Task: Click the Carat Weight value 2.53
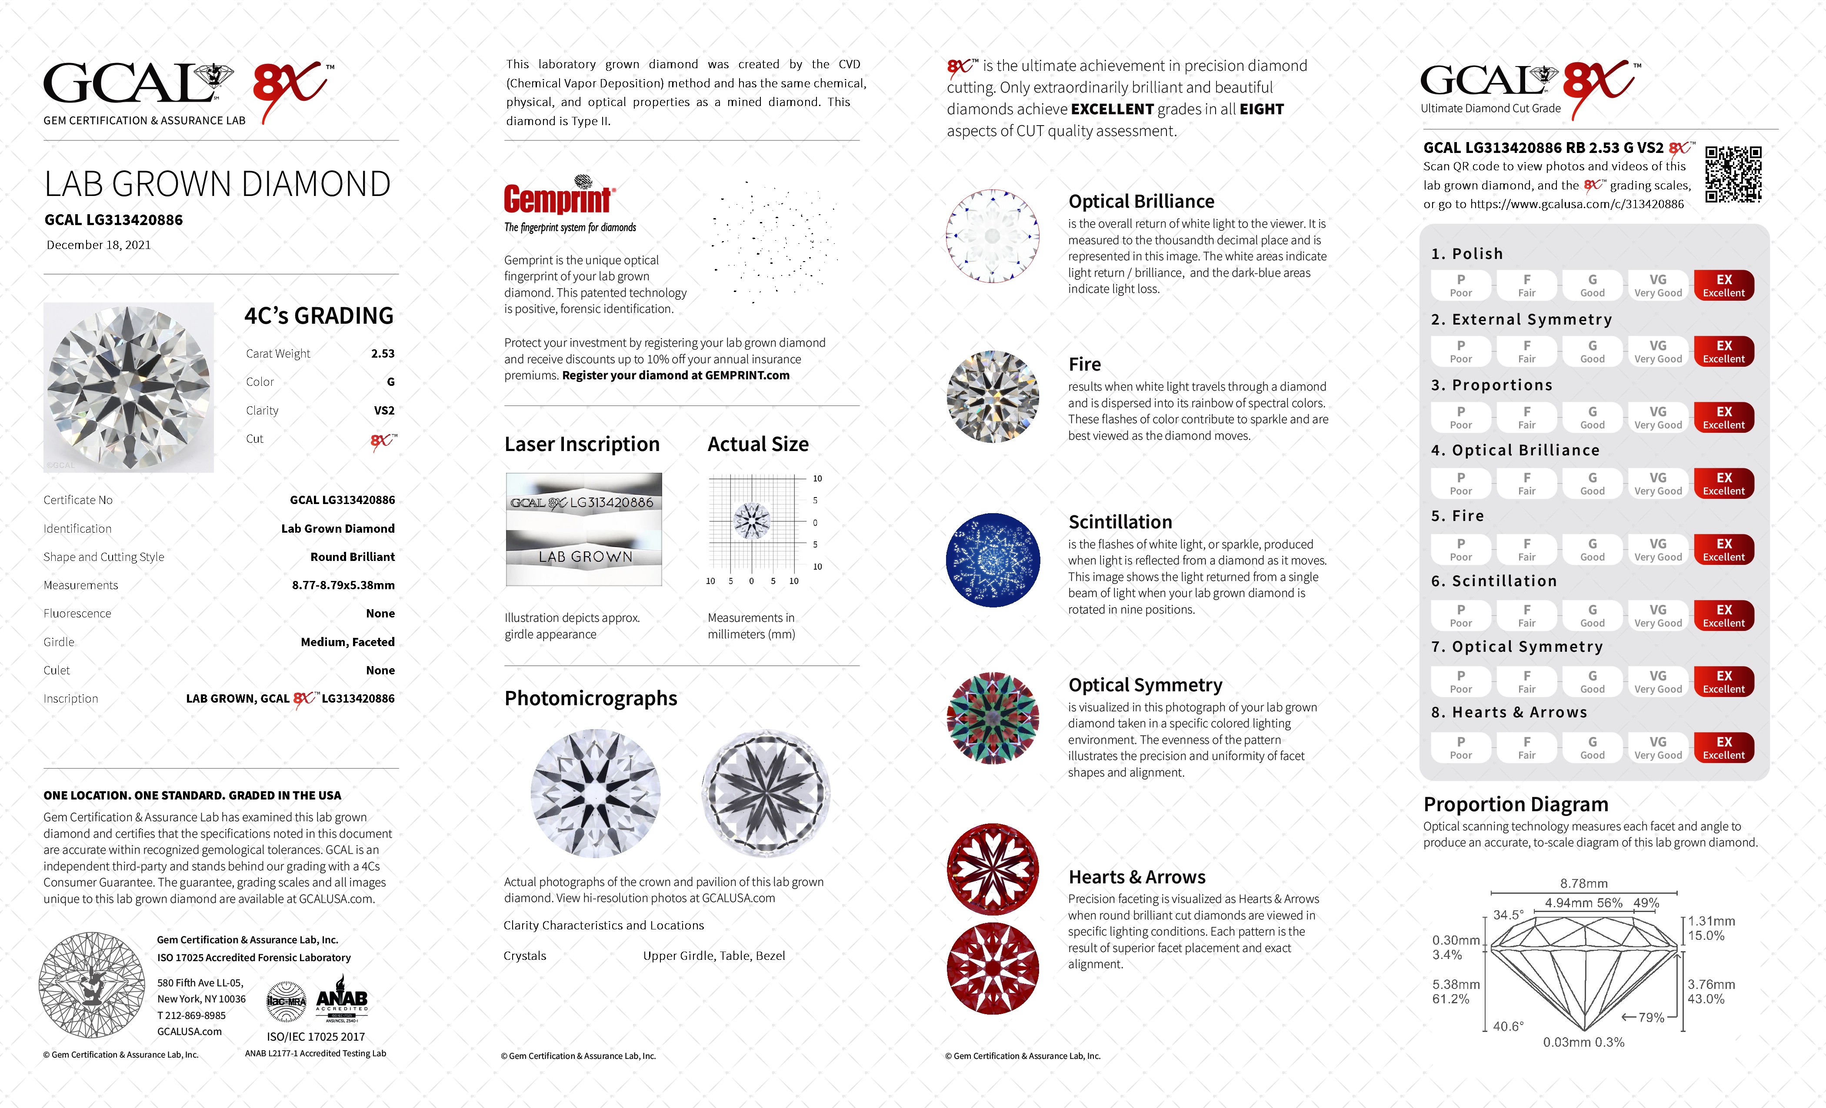click(x=383, y=353)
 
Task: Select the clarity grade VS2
click(x=384, y=410)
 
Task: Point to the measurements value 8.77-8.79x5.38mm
click(x=343, y=585)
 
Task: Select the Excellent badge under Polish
click(x=1724, y=285)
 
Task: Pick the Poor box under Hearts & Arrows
click(x=1461, y=747)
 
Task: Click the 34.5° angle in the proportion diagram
click(x=1508, y=915)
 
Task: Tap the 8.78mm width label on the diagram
click(x=1584, y=884)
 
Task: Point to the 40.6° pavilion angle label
click(x=1508, y=1026)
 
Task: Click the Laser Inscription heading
click(x=582, y=445)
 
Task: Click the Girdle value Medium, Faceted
click(x=347, y=642)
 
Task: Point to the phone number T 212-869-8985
click(x=191, y=1015)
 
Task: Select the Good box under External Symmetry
click(x=1592, y=351)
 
